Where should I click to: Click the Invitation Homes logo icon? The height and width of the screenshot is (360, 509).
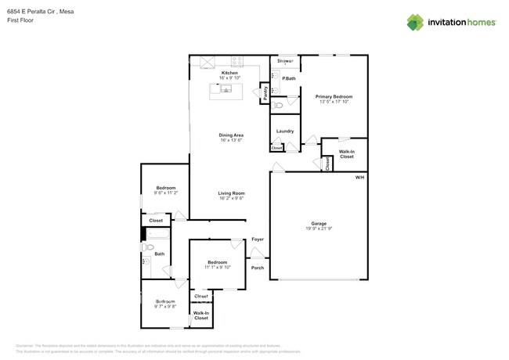pyautogui.click(x=415, y=23)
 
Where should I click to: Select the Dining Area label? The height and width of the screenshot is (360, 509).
pyautogui.click(x=231, y=135)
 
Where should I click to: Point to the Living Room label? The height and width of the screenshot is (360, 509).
pyautogui.click(x=231, y=193)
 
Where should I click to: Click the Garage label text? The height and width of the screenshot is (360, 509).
pyautogui.click(x=319, y=223)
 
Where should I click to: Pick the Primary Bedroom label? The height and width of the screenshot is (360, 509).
pyautogui.click(x=334, y=96)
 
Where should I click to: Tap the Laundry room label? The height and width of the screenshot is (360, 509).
pyautogui.click(x=285, y=131)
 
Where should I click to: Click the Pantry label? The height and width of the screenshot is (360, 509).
pyautogui.click(x=265, y=92)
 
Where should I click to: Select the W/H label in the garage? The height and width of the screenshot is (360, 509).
pyautogui.click(x=359, y=178)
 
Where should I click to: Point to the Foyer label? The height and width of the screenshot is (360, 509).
pyautogui.click(x=258, y=239)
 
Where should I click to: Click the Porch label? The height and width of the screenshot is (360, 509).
pyautogui.click(x=258, y=268)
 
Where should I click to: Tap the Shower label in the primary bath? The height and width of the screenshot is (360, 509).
pyautogui.click(x=285, y=60)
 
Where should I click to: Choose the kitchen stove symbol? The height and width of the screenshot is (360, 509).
pyautogui.click(x=237, y=60)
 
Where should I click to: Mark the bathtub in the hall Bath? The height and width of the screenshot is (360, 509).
pyautogui.click(x=157, y=233)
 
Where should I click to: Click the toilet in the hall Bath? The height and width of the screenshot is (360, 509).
pyautogui.click(x=147, y=247)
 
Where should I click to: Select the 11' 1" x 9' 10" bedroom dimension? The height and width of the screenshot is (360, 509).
pyautogui.click(x=218, y=267)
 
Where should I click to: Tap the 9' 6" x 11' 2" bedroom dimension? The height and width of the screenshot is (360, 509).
pyautogui.click(x=166, y=193)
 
